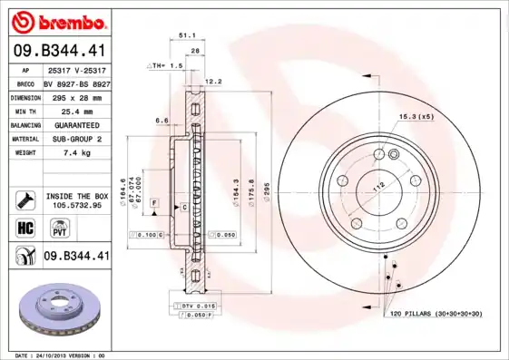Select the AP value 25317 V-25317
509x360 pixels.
(75, 70)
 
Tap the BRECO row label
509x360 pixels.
(25, 83)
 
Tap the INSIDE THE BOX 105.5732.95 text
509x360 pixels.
(76, 200)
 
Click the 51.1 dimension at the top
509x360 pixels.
(189, 36)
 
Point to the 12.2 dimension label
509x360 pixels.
(214, 82)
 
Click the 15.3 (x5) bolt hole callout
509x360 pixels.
(416, 116)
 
